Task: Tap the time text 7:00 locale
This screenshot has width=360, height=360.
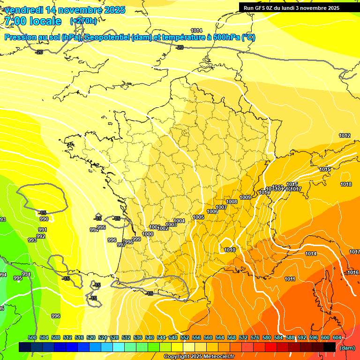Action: tap(32, 21)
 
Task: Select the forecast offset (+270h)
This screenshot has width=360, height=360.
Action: tap(83, 21)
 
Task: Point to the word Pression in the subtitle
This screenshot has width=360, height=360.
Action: tap(22, 37)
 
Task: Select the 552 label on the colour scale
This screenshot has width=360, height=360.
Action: tap(185, 337)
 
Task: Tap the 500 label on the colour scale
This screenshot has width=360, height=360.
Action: tap(32, 337)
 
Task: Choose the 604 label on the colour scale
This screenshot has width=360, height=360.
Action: tap(337, 337)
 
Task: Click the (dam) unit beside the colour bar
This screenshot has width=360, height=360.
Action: tap(347, 348)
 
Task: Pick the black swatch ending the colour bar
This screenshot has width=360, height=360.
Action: tap(330, 347)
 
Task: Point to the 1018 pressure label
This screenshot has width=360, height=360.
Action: tap(346, 184)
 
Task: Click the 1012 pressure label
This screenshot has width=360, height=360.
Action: tap(345, 135)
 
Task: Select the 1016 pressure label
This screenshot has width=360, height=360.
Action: tap(353, 272)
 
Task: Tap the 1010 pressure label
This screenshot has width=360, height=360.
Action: tap(230, 250)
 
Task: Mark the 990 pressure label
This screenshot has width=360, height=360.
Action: tap(44, 219)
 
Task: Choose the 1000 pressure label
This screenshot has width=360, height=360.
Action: tap(148, 234)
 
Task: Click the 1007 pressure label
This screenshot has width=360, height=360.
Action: tap(221, 207)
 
